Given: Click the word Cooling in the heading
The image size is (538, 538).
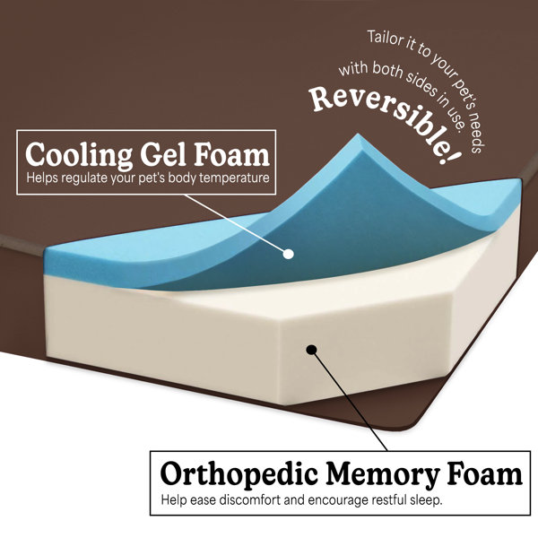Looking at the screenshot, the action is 79,155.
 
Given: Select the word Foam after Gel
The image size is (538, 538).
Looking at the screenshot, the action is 232,155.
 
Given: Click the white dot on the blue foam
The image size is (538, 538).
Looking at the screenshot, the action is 289,254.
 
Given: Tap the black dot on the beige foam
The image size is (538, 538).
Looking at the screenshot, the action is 311,350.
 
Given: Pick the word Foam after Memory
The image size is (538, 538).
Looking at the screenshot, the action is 484,473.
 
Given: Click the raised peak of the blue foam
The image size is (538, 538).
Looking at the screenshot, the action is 359,135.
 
